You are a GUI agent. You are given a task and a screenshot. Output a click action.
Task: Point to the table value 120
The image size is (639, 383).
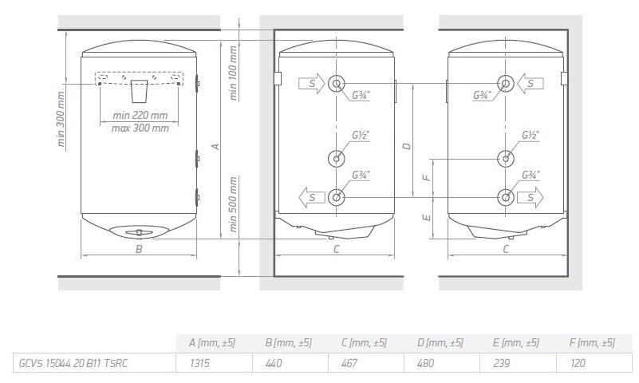pos(578,363)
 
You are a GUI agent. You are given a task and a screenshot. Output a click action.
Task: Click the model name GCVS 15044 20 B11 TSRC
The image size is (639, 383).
pos(73,363)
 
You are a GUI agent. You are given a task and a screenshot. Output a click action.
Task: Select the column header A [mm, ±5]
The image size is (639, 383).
pos(211,342)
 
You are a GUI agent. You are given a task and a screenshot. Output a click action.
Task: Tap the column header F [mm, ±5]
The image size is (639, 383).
pos(593,342)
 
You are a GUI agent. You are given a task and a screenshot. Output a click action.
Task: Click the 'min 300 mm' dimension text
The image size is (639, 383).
pos(61,120)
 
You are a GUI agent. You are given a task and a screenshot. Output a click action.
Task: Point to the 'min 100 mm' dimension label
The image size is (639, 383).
pos(234,71)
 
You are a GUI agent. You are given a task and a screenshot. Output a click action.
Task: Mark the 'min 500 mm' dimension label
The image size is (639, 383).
pos(234,203)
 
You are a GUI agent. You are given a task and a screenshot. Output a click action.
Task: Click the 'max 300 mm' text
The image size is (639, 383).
pos(140,128)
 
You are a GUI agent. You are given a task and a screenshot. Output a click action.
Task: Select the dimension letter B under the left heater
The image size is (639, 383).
pos(139,249)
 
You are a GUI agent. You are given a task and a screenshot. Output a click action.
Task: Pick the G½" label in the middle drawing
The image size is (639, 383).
pos(360,136)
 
